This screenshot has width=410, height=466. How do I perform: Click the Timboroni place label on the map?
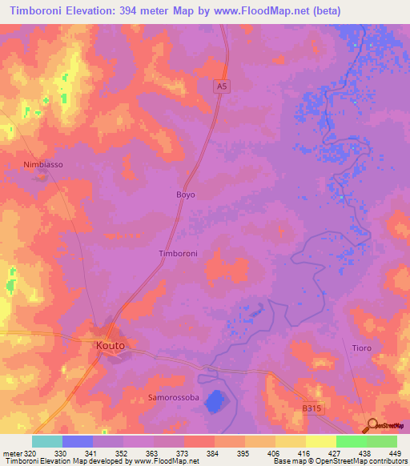click(179, 253)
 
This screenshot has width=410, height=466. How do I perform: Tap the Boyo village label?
click(185, 195)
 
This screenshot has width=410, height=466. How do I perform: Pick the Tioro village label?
click(363, 348)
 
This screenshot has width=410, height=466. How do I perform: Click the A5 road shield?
click(223, 86)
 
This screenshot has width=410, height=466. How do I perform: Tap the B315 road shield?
click(313, 408)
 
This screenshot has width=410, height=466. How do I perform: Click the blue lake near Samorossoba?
click(214, 400)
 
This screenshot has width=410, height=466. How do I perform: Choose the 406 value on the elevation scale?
click(274, 452)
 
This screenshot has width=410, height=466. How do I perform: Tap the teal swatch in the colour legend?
click(47, 441)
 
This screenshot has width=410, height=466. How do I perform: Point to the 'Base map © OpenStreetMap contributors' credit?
click(339, 461)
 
